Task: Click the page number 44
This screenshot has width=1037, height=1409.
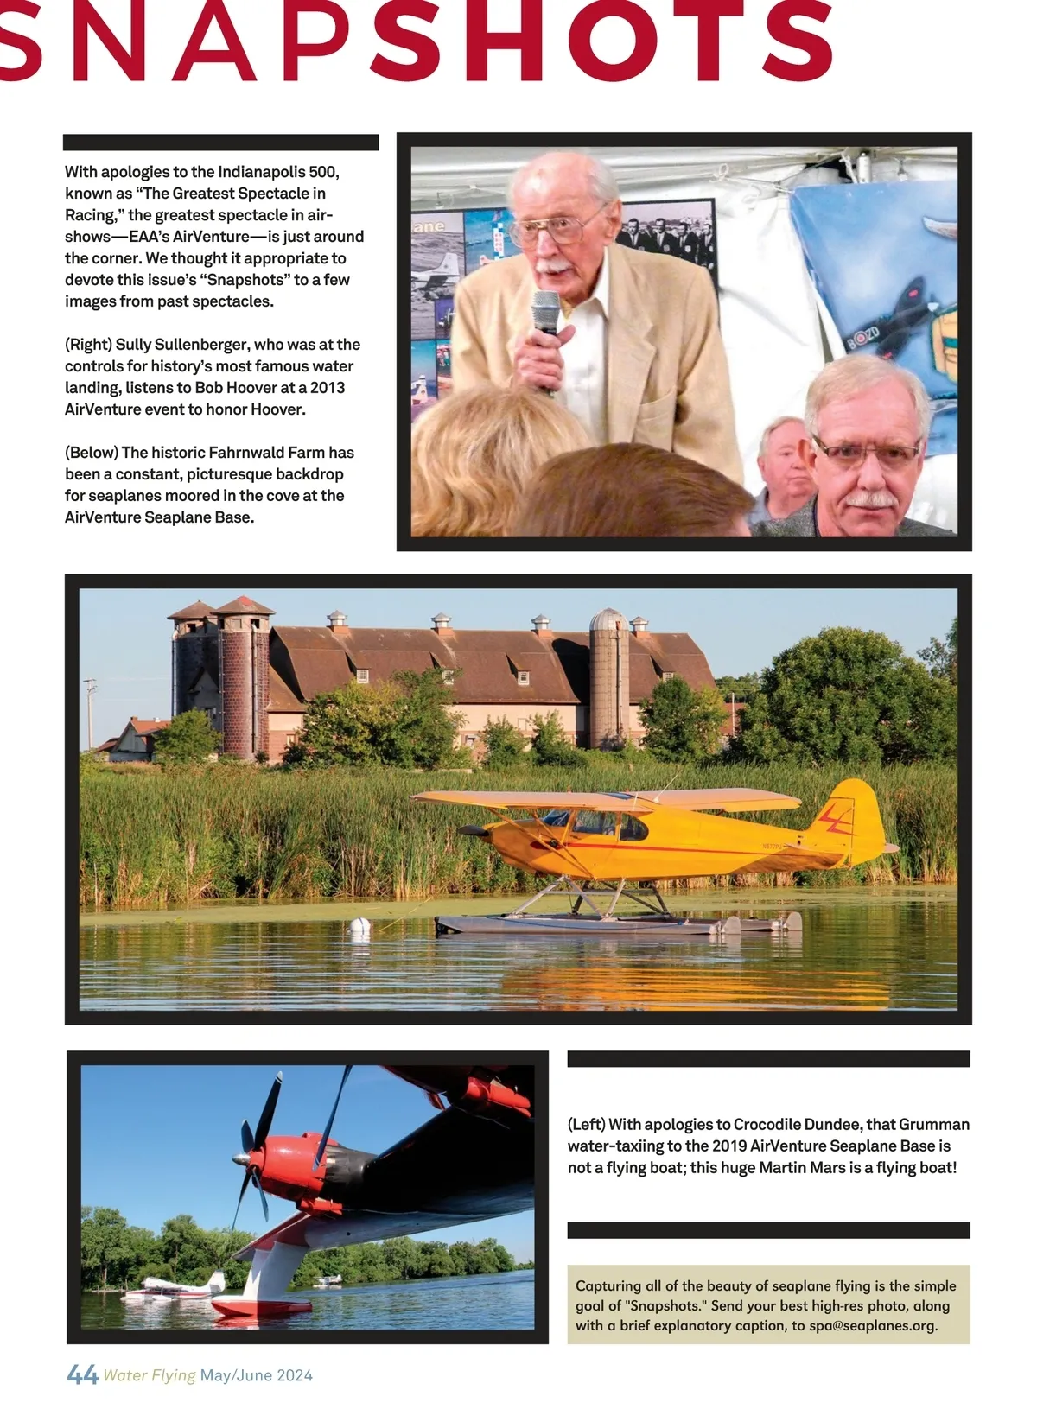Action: pos(82,1374)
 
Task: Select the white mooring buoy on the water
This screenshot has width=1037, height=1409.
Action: pos(359,927)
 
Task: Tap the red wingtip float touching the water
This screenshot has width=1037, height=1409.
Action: pos(251,1306)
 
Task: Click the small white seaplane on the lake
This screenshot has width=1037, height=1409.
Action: pos(173,1287)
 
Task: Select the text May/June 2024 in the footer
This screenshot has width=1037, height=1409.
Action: pos(256,1375)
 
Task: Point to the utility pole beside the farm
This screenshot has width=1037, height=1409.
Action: pos(90,713)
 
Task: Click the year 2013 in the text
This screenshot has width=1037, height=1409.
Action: pos(328,388)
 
